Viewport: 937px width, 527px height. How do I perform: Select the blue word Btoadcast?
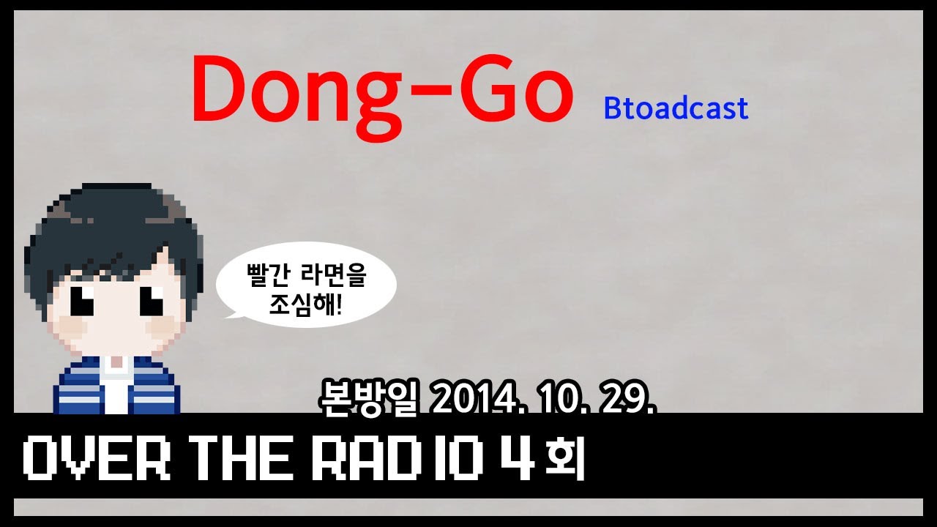pyautogui.click(x=676, y=108)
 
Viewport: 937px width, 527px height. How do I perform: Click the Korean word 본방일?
pyautogui.click(x=360, y=400)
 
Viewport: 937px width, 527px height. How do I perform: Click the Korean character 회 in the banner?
pyautogui.click(x=569, y=460)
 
